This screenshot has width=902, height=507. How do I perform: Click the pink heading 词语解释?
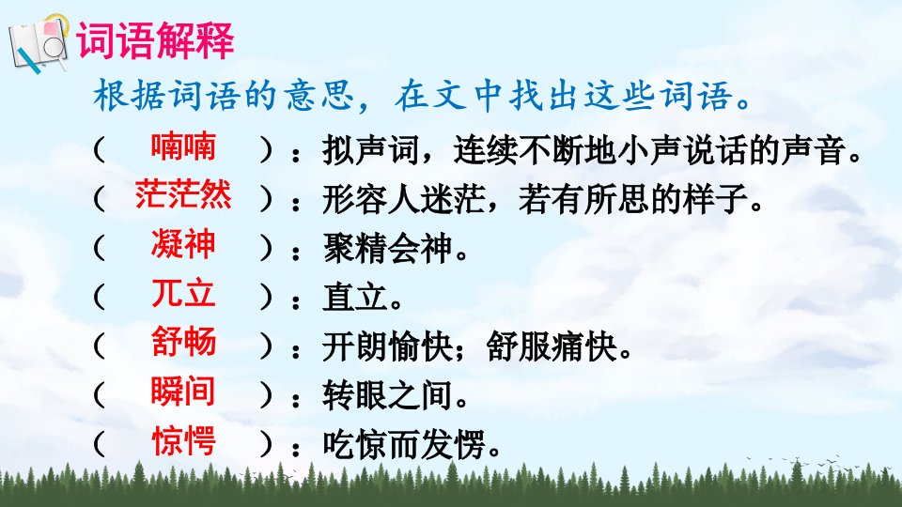155,40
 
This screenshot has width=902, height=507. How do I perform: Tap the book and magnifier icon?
39,44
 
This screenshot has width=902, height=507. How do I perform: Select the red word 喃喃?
183,146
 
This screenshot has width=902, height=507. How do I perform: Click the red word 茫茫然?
183,194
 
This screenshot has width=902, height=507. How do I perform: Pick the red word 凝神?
183,244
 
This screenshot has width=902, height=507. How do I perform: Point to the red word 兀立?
183,293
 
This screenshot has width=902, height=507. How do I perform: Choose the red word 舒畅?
183,342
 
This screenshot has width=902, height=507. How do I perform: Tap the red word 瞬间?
183,392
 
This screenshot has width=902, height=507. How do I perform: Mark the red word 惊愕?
183,441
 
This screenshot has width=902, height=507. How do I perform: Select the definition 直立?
355,298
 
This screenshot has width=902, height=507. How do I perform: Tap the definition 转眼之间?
388,396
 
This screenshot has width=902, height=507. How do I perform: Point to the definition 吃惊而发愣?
404,445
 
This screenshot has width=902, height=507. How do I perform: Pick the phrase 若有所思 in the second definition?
583,199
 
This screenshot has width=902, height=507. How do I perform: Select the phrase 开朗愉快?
388,346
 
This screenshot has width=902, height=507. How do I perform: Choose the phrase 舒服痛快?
552,346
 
